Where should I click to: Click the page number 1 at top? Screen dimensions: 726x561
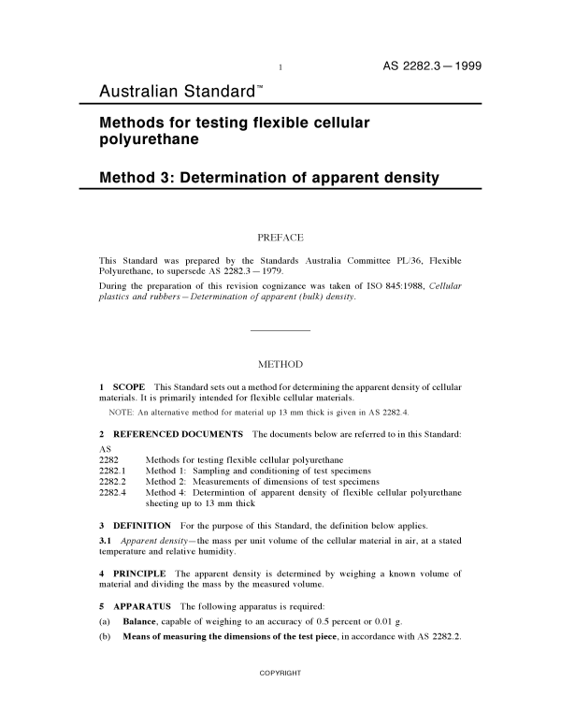[x=280, y=68]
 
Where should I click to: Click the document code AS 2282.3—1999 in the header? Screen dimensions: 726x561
[x=432, y=66]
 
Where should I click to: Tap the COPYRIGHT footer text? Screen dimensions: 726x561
[x=280, y=699]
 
